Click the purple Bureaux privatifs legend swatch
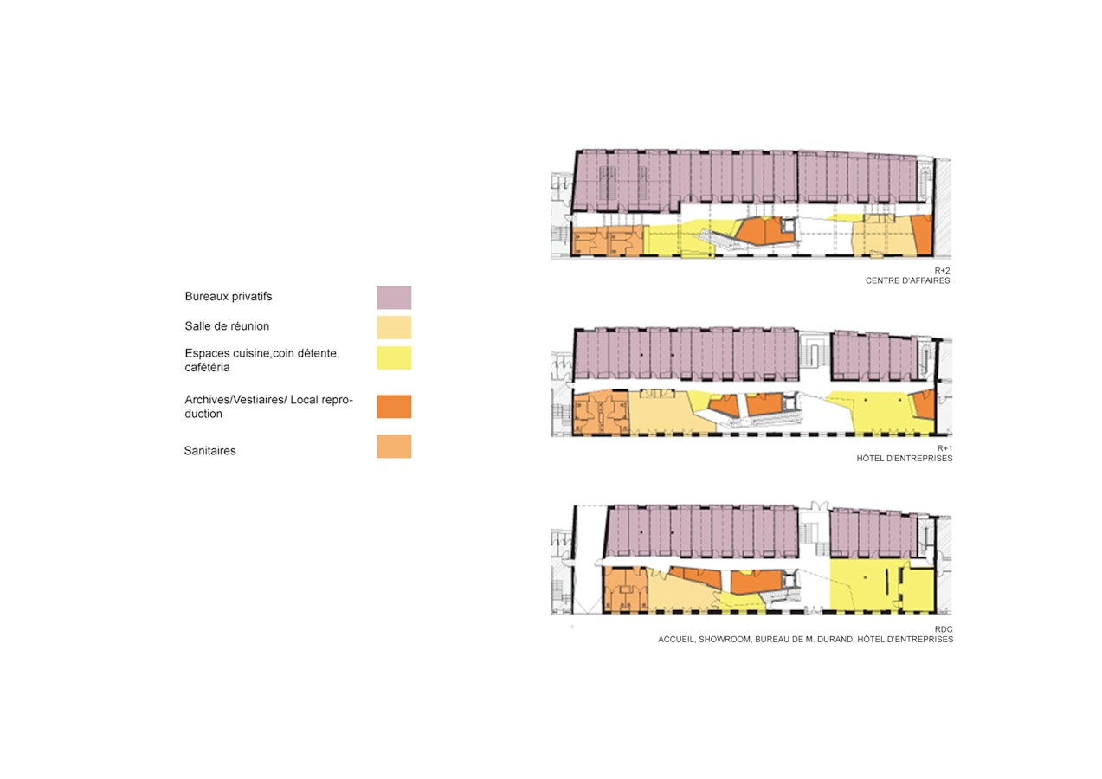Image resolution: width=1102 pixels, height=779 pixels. (394, 298)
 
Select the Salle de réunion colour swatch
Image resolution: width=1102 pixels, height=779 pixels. (394, 327)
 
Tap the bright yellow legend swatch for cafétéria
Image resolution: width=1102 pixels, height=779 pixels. (394, 358)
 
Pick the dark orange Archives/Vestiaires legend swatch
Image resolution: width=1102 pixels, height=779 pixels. (394, 407)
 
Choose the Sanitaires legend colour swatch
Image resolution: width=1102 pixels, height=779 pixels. (394, 447)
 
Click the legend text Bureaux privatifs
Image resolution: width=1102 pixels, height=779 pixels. (229, 297)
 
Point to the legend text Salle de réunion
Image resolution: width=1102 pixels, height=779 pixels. (227, 326)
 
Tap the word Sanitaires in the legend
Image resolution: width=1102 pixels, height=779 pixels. (210, 450)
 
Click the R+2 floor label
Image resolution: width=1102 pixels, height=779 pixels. (942, 270)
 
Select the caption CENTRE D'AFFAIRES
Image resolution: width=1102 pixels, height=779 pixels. (908, 280)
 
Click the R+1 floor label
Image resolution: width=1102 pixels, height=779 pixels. (944, 448)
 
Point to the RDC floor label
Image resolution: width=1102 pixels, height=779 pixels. (944, 629)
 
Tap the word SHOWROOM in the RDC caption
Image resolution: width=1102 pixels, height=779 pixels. (725, 640)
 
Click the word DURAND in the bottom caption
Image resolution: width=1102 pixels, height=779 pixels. (835, 640)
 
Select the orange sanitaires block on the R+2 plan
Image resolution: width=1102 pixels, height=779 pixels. (608, 241)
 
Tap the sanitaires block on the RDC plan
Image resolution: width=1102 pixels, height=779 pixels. (625, 589)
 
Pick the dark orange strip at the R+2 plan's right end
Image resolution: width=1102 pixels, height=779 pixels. (923, 235)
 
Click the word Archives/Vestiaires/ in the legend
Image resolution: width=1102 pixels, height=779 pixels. (235, 400)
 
